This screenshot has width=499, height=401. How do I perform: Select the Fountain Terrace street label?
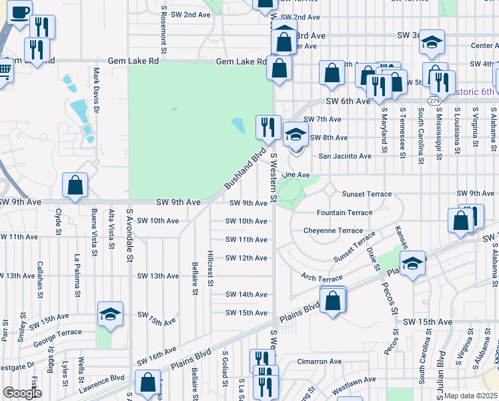click(344, 213)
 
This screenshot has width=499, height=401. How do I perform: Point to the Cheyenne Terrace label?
click(333, 230)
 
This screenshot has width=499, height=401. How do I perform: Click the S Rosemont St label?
click(163, 29)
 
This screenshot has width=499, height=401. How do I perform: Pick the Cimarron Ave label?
click(320, 362)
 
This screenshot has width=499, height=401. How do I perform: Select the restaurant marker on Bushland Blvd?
click(268, 126)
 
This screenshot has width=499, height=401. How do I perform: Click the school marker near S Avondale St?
click(110, 314)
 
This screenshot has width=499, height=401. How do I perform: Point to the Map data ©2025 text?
click(471, 396)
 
